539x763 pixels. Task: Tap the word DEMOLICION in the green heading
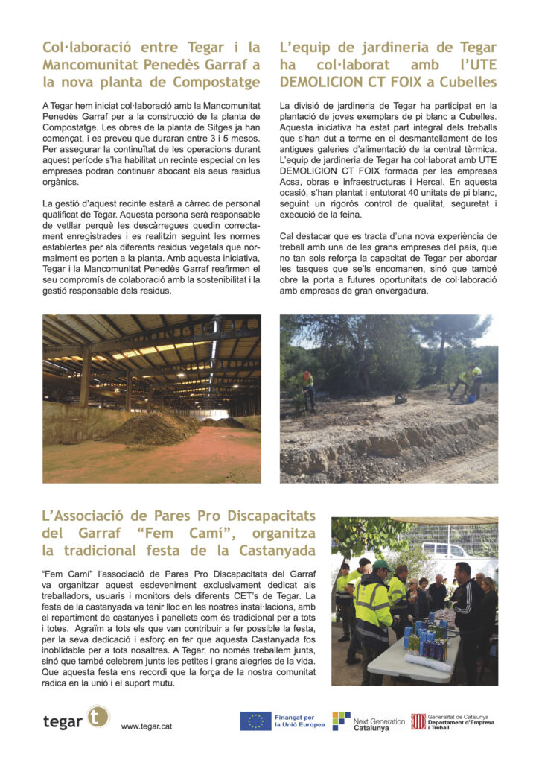point(329,82)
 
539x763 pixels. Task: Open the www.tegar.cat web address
point(147,726)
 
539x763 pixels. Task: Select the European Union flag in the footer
point(255,721)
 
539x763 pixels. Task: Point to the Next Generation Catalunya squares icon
point(341,721)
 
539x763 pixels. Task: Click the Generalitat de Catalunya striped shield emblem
point(418,721)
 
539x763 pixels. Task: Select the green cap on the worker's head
point(382,566)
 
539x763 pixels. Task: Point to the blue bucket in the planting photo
point(471,398)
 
